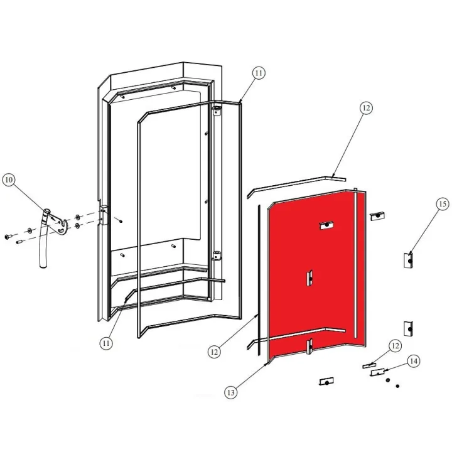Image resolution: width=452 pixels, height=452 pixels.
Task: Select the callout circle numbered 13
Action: pyautogui.click(x=232, y=392)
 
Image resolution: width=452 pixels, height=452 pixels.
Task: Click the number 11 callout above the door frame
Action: pyautogui.click(x=259, y=73)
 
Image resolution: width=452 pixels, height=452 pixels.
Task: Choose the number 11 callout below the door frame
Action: pyautogui.click(x=107, y=343)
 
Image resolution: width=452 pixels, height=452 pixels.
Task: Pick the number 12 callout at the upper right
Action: pyautogui.click(x=366, y=108)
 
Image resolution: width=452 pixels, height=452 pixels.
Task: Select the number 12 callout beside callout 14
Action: pyautogui.click(x=395, y=346)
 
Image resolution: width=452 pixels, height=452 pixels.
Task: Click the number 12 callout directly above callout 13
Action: pyautogui.click(x=215, y=353)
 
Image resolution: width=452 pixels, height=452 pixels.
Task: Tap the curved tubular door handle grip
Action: pyautogui.click(x=42, y=240)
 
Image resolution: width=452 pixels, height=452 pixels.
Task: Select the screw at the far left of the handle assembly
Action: pyautogui.click(x=9, y=237)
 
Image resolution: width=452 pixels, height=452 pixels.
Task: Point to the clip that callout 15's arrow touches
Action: pyautogui.click(x=407, y=259)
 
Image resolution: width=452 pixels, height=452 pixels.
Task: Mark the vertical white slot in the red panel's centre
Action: pyautogui.click(x=308, y=277)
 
